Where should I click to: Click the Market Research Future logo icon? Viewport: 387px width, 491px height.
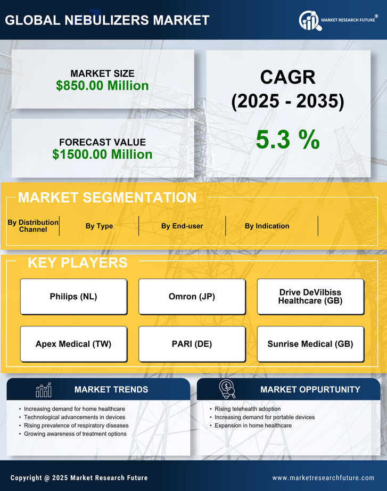309,20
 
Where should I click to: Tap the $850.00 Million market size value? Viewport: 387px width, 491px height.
102,85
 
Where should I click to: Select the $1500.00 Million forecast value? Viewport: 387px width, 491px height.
102,154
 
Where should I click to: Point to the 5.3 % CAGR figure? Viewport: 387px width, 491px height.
287,140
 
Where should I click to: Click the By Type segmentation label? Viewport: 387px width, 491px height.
99,226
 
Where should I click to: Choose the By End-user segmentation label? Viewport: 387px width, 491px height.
182,226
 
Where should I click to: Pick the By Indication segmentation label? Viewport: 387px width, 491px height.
267,226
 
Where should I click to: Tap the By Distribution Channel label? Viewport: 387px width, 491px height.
33,226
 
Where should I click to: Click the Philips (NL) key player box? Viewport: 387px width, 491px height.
73,297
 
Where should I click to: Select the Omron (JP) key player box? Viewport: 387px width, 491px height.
192,297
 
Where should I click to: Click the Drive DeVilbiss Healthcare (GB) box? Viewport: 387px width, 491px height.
310,297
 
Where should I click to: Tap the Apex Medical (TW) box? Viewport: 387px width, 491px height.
73,344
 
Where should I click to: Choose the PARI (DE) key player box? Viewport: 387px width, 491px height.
192,344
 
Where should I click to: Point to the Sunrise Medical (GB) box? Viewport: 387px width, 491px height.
310,344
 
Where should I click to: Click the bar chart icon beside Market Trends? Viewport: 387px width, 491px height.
43,390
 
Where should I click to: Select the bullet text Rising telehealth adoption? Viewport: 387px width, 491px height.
248,409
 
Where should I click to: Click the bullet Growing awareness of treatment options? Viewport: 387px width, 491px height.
75,434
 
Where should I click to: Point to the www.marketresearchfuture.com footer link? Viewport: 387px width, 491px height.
323,478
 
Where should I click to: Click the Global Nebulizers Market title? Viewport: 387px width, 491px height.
107,20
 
